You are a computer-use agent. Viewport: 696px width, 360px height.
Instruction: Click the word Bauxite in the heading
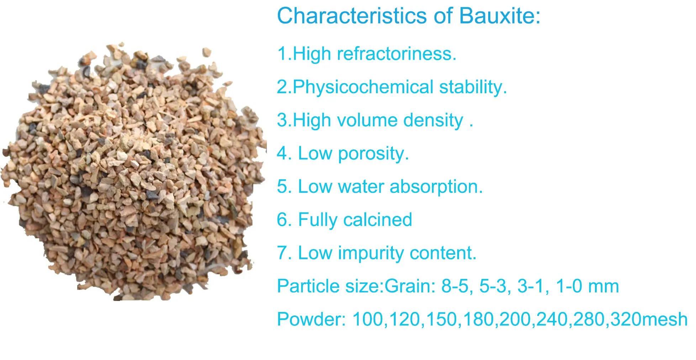click(499, 16)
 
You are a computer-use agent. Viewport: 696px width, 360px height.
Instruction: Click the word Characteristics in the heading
click(352, 16)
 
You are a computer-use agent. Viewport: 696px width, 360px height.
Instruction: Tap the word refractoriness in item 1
click(396, 54)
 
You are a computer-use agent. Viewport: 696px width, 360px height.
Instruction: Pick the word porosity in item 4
click(373, 154)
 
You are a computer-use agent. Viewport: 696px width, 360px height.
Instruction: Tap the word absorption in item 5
click(436, 186)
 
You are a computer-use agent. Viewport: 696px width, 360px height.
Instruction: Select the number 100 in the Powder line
click(369, 319)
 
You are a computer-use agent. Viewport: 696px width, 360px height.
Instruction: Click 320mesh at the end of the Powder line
click(649, 319)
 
